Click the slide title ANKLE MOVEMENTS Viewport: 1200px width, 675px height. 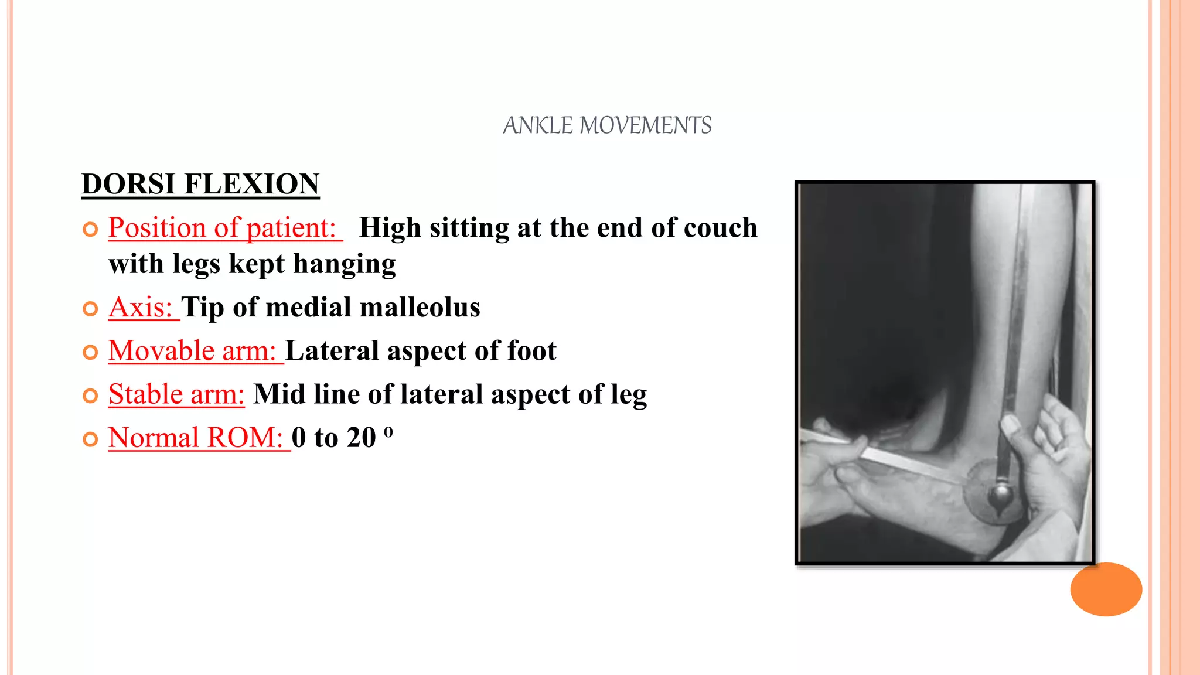[607, 125]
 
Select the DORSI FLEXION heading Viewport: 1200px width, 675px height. [200, 184]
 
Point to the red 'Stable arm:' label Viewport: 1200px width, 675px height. [176, 394]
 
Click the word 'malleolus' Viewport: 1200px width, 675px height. [420, 307]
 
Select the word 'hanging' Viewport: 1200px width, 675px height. [345, 264]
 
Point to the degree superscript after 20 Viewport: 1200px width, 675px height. [388, 432]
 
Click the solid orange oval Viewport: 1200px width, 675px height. [1106, 589]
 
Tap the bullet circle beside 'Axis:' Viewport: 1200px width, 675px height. [90, 309]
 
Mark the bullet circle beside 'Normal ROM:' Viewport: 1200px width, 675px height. [90, 439]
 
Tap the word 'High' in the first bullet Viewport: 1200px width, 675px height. [390, 227]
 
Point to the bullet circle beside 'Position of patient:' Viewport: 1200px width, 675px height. [90, 229]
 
